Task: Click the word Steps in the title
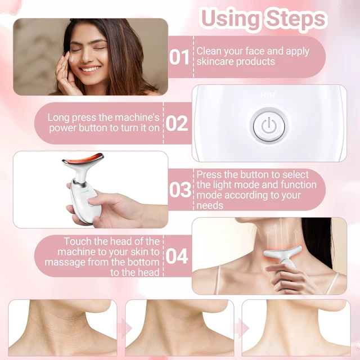point(296,19)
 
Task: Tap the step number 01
point(179,57)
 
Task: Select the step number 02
point(177,124)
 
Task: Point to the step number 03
point(180,190)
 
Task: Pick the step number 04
point(177,256)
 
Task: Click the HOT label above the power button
point(268,95)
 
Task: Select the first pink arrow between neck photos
point(126,328)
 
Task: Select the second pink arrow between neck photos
point(242,328)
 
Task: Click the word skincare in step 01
point(215,61)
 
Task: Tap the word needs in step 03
point(210,205)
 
